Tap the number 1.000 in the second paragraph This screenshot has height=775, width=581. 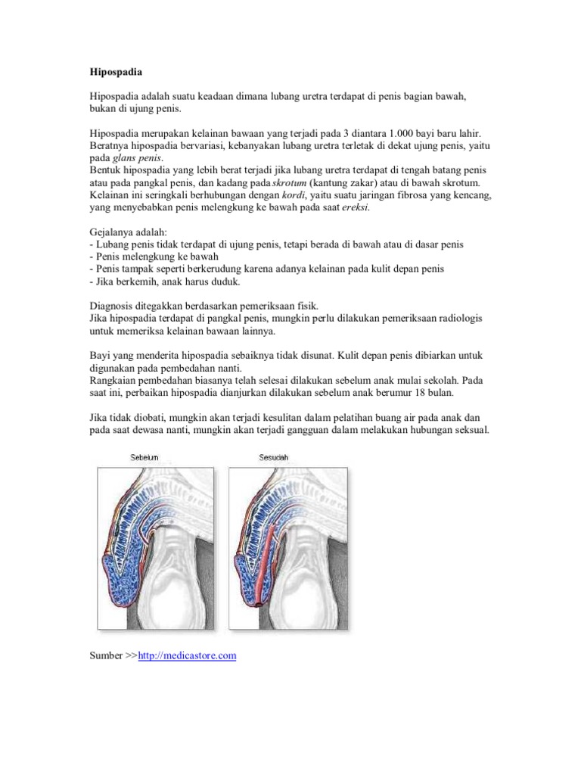pyautogui.click(x=386, y=133)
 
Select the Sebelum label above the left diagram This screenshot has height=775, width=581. pyautogui.click(x=143, y=457)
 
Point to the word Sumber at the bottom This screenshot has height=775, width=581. pyautogui.click(x=104, y=656)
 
